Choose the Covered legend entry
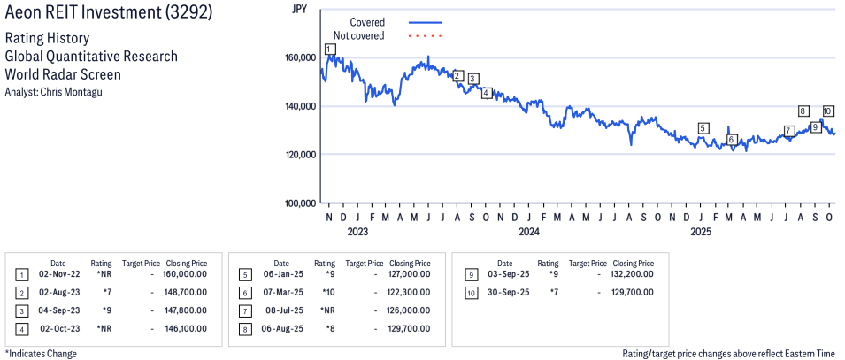tap(367, 21)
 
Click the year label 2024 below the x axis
tap(528, 233)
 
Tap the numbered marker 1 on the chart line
tap(329, 49)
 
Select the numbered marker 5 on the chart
tap(703, 128)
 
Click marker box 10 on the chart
tap(827, 111)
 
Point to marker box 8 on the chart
tap(803, 111)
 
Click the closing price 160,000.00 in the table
tap(186, 275)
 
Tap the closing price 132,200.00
tap(633, 275)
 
